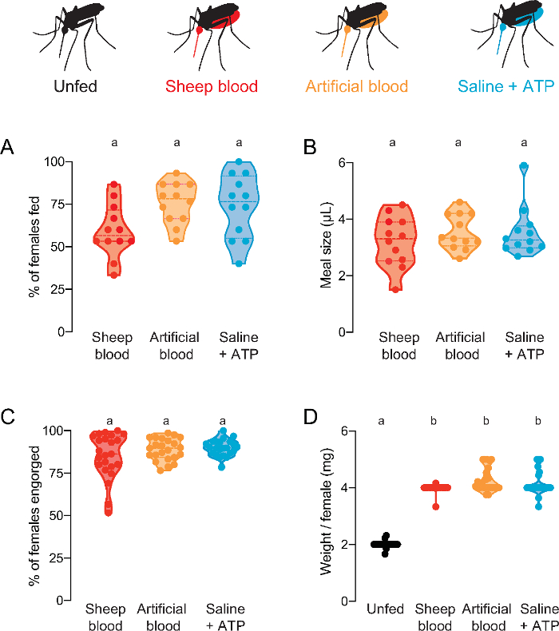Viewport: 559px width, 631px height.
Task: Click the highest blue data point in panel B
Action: pyautogui.click(x=524, y=167)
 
